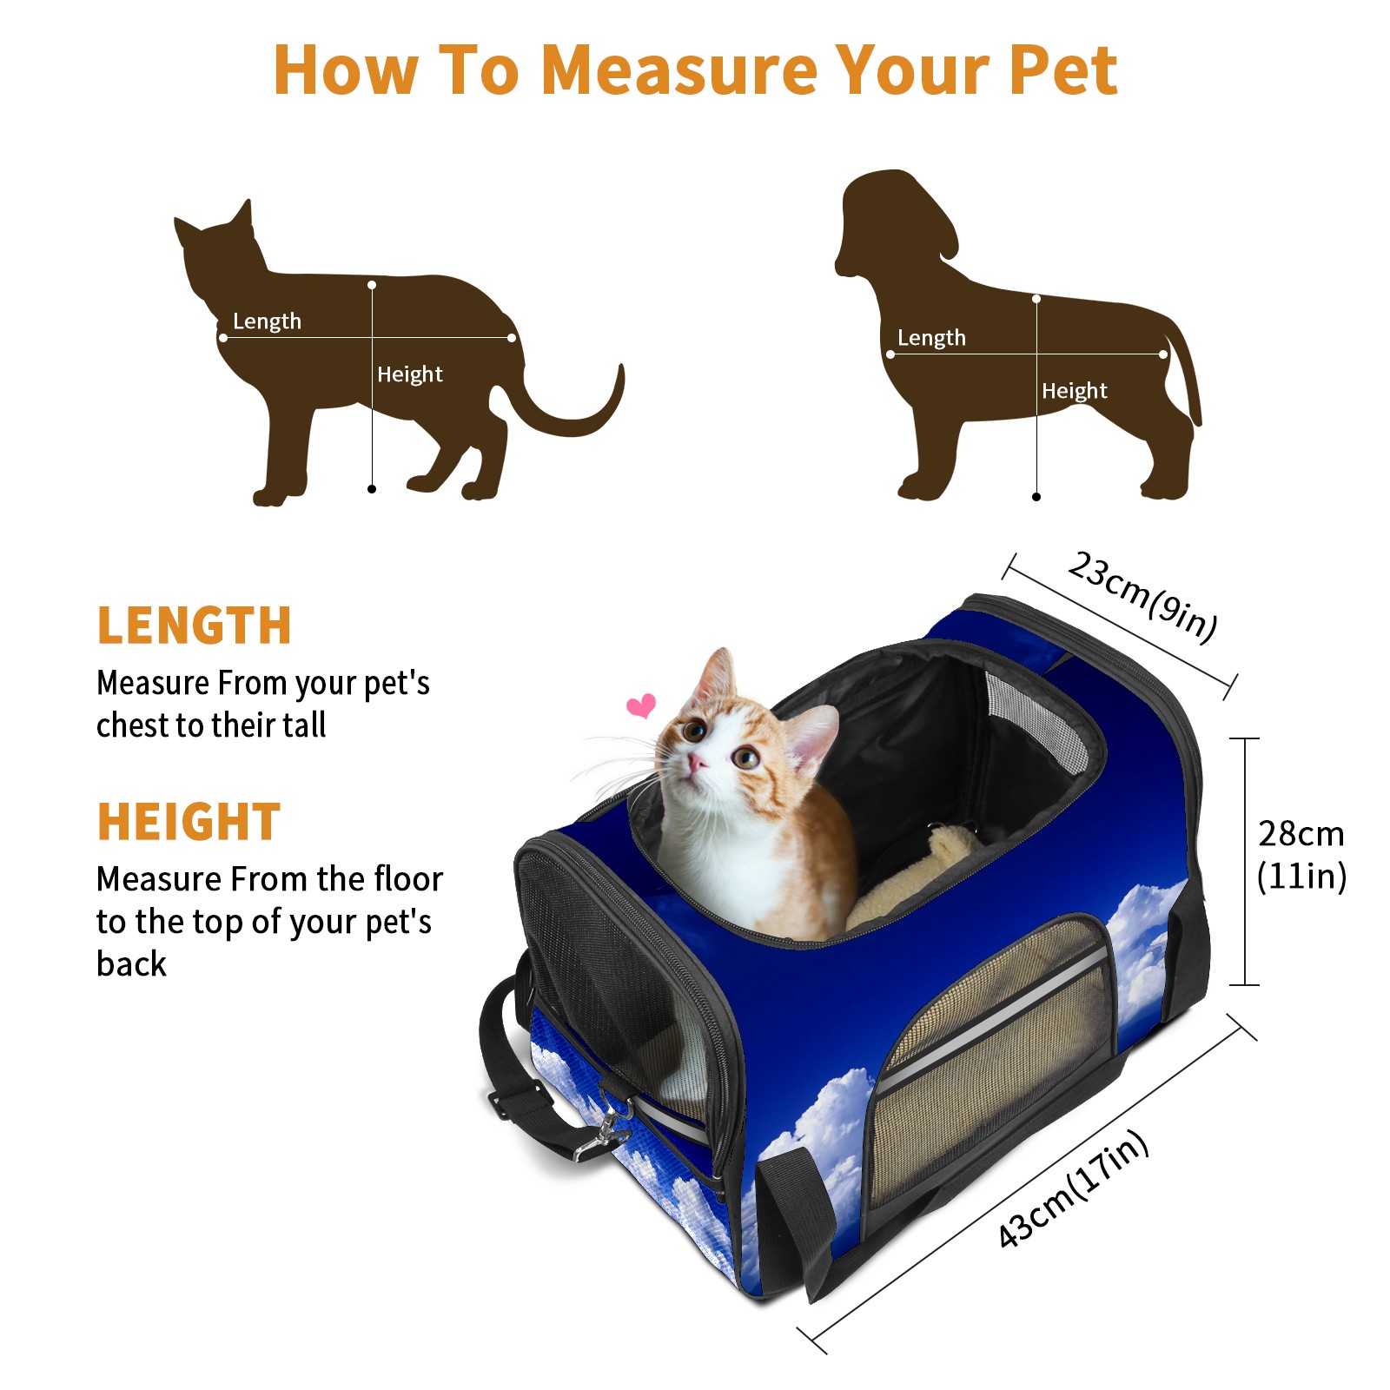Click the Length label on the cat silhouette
click(x=267, y=321)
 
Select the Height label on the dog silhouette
click(x=1075, y=391)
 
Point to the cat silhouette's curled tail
click(x=573, y=408)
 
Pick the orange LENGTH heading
click(x=194, y=625)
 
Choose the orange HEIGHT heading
click(x=189, y=822)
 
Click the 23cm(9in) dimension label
click(x=1142, y=597)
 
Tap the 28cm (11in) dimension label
click(x=1301, y=855)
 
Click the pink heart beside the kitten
click(x=641, y=705)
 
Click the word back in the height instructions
click(x=131, y=964)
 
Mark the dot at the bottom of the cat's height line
click(x=372, y=489)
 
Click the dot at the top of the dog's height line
click(x=1036, y=299)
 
